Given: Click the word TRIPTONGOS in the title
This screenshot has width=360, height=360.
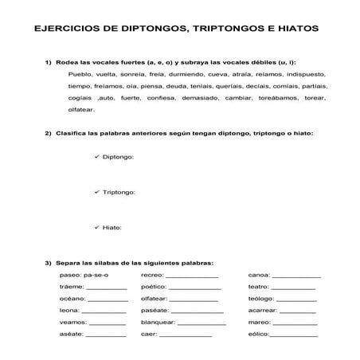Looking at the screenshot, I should pos(214,28).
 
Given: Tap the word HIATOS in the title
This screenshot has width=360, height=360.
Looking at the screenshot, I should pos(293,28).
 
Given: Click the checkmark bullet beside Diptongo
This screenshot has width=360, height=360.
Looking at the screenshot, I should pos(97,157).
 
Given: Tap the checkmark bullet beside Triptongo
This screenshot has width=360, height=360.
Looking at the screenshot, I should pos(97,192).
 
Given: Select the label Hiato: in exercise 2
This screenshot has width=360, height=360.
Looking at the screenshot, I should pos(112,228).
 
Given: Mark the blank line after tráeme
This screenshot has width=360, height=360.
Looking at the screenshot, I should pos(106,288).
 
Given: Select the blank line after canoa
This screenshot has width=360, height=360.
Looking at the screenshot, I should pos(296,276).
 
